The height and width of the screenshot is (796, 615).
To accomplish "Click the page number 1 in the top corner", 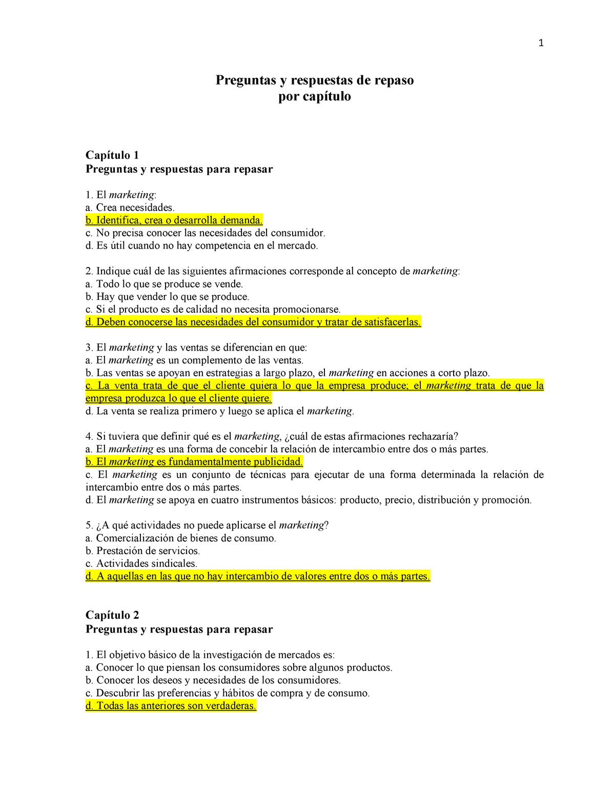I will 541,43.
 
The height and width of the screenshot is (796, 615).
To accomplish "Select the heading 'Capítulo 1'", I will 112,155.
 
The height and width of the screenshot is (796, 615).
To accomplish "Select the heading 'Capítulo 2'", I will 112,615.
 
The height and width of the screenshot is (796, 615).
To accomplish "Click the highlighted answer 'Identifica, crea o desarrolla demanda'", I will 174,220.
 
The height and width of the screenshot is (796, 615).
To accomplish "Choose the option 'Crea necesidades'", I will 130,208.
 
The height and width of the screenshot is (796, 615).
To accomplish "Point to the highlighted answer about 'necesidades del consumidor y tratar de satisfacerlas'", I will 253,322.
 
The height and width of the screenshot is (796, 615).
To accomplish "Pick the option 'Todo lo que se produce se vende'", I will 164,284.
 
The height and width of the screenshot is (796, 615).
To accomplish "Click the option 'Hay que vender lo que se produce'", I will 167,297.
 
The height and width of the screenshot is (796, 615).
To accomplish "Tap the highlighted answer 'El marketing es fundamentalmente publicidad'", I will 194,462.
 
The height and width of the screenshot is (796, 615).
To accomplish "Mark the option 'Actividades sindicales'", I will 141,563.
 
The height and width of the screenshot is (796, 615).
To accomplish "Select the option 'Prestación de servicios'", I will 142,551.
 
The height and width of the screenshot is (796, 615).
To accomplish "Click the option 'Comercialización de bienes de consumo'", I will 181,538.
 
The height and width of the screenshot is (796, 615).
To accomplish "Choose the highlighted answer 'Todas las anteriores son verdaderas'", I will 171,706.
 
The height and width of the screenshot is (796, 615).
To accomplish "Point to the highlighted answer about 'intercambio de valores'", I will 258,576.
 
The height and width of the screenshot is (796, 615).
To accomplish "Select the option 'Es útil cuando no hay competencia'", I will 202,246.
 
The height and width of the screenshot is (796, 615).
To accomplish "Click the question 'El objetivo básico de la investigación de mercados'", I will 210,655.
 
